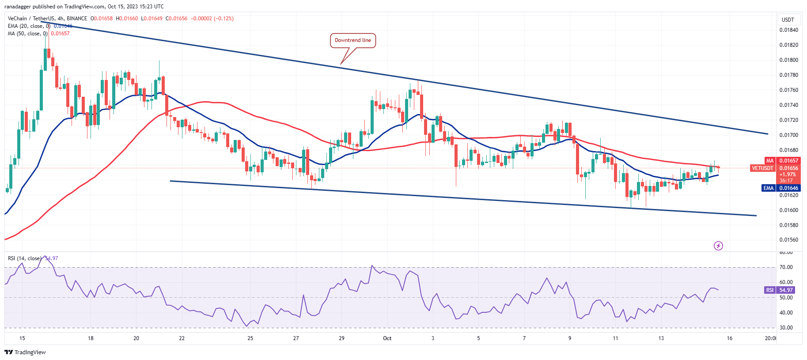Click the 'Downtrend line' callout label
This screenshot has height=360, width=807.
(x=352, y=40)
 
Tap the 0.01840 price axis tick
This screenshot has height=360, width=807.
(x=788, y=30)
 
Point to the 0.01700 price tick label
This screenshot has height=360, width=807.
(x=788, y=135)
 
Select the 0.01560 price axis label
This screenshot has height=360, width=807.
(x=788, y=240)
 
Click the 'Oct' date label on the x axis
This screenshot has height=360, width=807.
(x=387, y=338)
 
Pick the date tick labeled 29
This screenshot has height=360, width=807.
(x=341, y=338)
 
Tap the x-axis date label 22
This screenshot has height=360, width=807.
(x=182, y=338)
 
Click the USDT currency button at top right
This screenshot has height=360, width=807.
(x=788, y=19)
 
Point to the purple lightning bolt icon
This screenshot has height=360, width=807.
(x=718, y=246)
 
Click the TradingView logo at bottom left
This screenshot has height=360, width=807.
(x=25, y=352)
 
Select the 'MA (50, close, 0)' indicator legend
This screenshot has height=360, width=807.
(x=27, y=34)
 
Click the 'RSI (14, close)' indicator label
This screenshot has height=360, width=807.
(x=24, y=258)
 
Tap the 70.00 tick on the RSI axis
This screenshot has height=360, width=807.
(x=786, y=267)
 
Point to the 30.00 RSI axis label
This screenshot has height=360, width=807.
(x=786, y=328)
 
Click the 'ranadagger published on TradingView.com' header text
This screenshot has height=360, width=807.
(x=84, y=7)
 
